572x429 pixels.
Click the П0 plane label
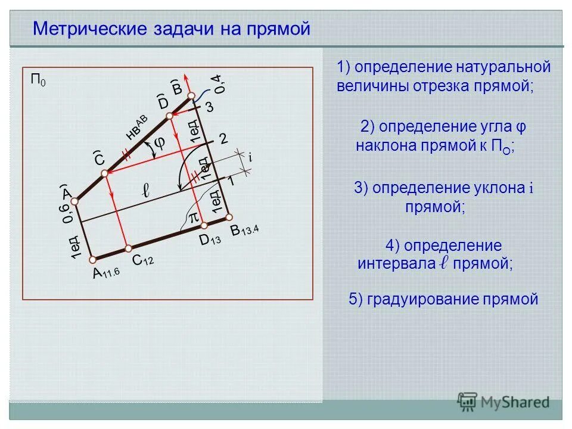coord(38,80)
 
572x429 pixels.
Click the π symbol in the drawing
coord(193,218)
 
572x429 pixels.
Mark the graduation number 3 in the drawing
coord(209,107)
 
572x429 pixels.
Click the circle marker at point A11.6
coord(93,259)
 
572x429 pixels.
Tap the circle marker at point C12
coord(127,248)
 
